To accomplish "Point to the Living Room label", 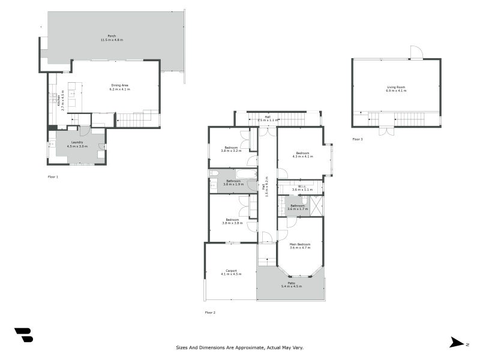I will [396, 89].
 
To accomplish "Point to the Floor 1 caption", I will [53, 177].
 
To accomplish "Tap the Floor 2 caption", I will [210, 313].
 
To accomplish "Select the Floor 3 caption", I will [358, 139].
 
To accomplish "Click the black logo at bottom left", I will [23, 335].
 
